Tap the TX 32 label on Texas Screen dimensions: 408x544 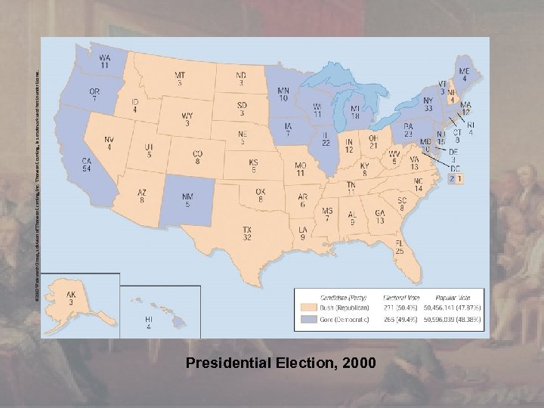[246, 232]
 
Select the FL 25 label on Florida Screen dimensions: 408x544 [398, 246]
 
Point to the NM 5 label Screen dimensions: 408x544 [187, 200]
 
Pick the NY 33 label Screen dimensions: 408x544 [428, 104]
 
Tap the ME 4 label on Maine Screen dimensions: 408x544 [464, 73]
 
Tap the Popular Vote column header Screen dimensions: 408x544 [454, 298]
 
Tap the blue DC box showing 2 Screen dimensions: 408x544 [452, 179]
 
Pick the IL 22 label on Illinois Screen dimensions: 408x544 [326, 138]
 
